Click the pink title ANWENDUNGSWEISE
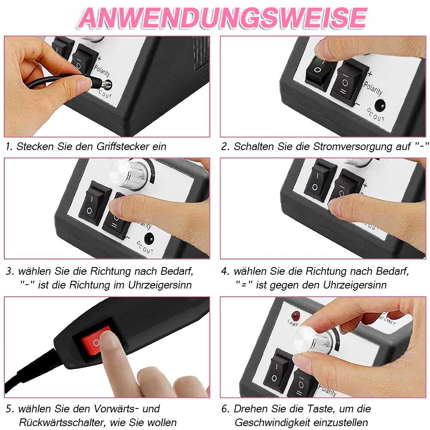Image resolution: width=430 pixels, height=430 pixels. pos(222,18)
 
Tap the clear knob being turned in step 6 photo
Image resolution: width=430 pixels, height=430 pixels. pos(313,340)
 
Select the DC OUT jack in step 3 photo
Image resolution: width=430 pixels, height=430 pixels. pos(149,239)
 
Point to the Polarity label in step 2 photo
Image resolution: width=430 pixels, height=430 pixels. pos(373,88)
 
